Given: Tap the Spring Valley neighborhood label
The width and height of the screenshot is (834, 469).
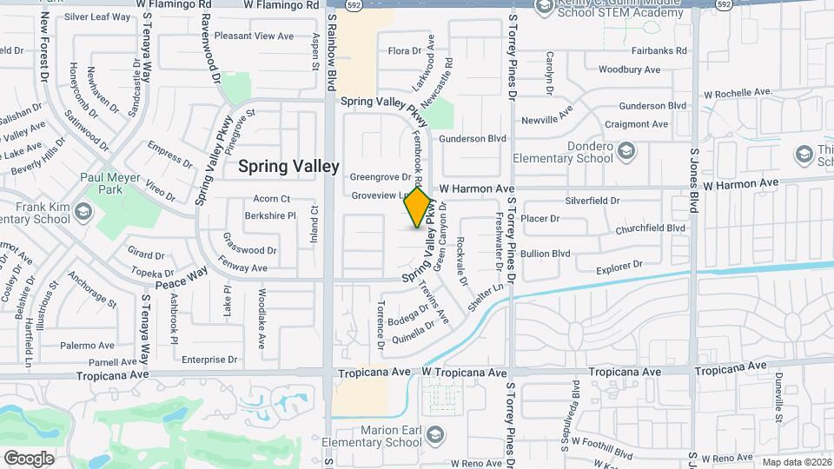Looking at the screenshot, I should tap(288, 166).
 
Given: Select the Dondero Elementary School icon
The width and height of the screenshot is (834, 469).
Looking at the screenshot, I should tap(625, 153).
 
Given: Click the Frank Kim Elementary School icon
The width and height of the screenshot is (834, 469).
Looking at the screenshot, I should tap(83, 212).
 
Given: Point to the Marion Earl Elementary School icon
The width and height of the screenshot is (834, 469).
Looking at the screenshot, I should tap(434, 433).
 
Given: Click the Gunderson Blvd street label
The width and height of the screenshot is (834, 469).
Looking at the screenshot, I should tap(473, 138).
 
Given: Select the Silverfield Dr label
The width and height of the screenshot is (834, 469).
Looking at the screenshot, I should tap(592, 201).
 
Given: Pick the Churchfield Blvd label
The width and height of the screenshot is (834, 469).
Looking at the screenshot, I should tap(651, 229).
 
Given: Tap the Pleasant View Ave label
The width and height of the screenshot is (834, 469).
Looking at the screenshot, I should tap(255, 36).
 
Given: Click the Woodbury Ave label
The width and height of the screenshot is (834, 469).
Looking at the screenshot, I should tap(630, 69).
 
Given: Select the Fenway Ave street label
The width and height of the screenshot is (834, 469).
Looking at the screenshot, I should tap(246, 268).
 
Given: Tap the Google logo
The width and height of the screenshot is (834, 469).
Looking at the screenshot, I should tap(29, 458).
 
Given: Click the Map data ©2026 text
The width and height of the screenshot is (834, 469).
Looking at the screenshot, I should tap(796, 462).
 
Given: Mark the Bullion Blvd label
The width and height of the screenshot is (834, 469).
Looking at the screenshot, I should tap(546, 254).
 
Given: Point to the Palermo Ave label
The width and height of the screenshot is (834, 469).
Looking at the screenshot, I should tap(88, 345).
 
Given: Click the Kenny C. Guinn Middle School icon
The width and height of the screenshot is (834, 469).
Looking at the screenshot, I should tap(545, 9).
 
